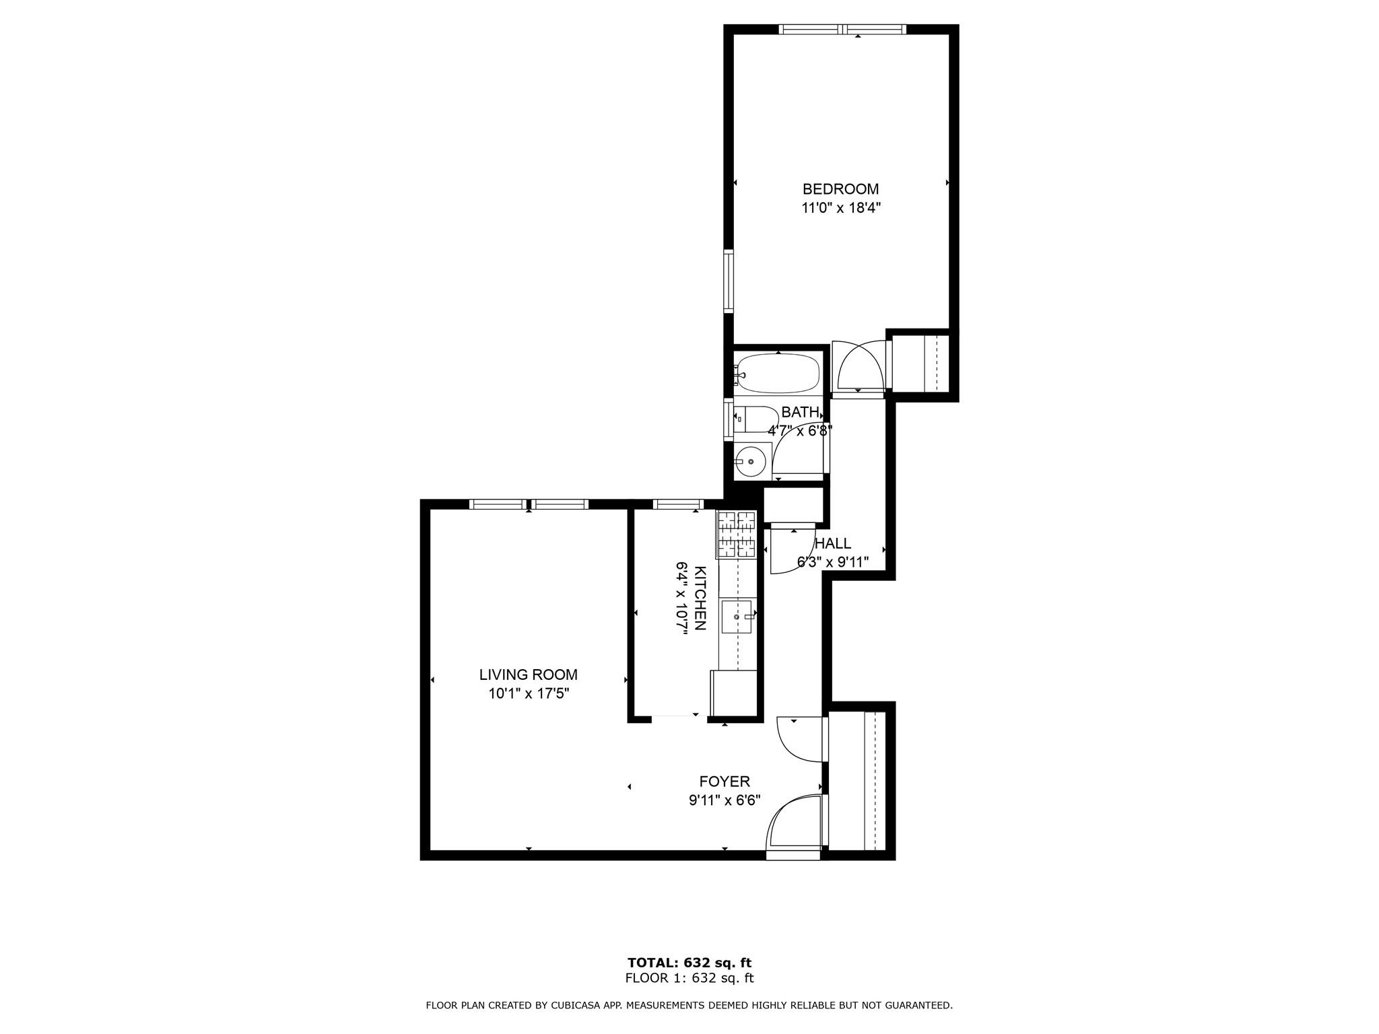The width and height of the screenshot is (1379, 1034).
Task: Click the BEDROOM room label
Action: pyautogui.click(x=840, y=189)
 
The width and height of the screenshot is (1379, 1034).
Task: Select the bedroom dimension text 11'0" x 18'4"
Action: pyautogui.click(x=840, y=208)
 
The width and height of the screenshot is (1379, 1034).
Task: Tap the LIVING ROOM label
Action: pyautogui.click(x=528, y=675)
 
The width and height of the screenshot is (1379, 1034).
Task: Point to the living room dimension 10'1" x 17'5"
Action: pyautogui.click(x=529, y=693)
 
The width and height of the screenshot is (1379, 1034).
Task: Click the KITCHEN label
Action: pyautogui.click(x=700, y=598)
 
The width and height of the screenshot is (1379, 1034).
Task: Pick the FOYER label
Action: pyautogui.click(x=725, y=782)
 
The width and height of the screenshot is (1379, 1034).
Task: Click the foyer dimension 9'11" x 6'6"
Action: pyautogui.click(x=725, y=800)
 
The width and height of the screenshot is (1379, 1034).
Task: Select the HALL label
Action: pyautogui.click(x=833, y=543)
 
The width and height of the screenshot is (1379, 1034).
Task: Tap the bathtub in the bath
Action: pyautogui.click(x=778, y=373)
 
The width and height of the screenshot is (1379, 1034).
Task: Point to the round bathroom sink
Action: pyautogui.click(x=750, y=461)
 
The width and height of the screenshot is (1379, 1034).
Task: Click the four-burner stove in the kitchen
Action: pyautogui.click(x=737, y=535)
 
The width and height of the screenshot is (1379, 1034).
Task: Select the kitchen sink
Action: pyautogui.click(x=736, y=617)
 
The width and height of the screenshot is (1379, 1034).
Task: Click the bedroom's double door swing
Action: pyautogui.click(x=858, y=367)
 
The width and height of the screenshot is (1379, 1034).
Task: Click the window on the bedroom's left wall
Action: pyautogui.click(x=729, y=281)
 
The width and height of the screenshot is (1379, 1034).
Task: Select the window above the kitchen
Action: pyautogui.click(x=678, y=504)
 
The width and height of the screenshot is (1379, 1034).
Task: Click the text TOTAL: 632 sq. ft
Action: pyautogui.click(x=689, y=963)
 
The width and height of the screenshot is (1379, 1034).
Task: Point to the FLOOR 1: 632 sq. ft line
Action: pyautogui.click(x=689, y=979)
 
